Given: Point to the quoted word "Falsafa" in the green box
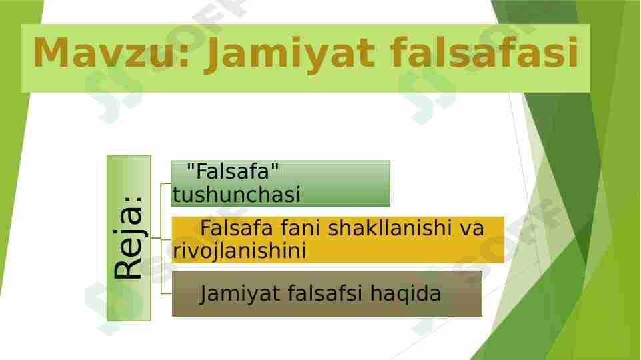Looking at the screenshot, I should [233, 172].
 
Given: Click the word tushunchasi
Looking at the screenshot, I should [237, 195].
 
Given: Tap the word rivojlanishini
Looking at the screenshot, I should [240, 251].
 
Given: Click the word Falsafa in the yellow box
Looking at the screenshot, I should [239, 229].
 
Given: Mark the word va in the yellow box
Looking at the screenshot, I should [472, 229].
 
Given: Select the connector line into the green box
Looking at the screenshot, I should [165, 183].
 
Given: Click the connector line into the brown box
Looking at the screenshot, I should [165, 293].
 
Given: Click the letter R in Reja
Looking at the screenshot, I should [129, 268].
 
